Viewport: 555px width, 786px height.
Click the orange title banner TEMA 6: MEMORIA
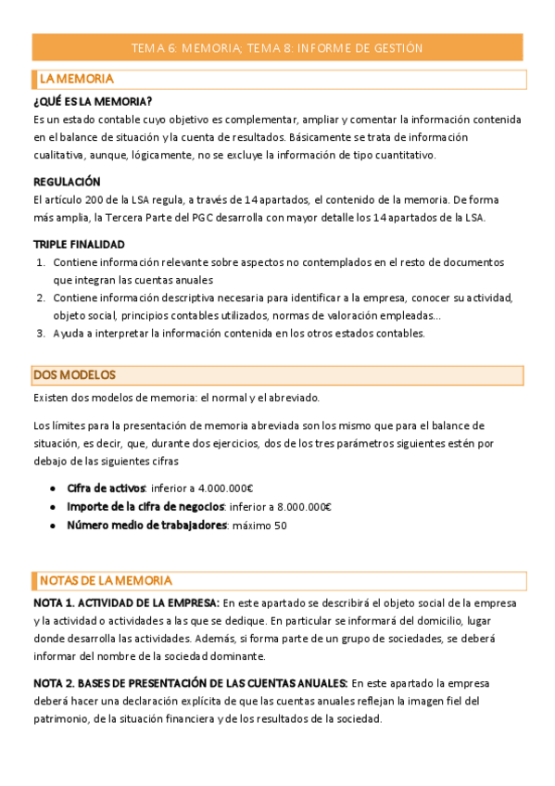pyautogui.click(x=277, y=47)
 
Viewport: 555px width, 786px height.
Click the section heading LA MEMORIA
pyautogui.click(x=77, y=79)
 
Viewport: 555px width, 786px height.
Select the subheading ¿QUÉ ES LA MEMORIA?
pyautogui.click(x=93, y=101)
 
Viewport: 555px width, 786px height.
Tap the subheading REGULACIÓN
pyautogui.click(x=67, y=182)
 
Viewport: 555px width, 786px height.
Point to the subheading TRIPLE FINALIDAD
pyautogui.click(x=79, y=245)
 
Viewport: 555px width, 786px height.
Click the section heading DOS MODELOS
pyautogui.click(x=74, y=374)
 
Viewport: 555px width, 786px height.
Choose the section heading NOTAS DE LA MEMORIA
pyautogui.click(x=106, y=580)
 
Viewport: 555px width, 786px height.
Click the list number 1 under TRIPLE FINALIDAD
pyautogui.click(x=41, y=262)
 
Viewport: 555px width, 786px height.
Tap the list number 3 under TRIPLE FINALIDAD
pyautogui.click(x=41, y=334)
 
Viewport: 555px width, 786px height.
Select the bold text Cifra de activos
pyautogui.click(x=106, y=488)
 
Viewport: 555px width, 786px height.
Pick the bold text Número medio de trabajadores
pyautogui.click(x=146, y=526)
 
